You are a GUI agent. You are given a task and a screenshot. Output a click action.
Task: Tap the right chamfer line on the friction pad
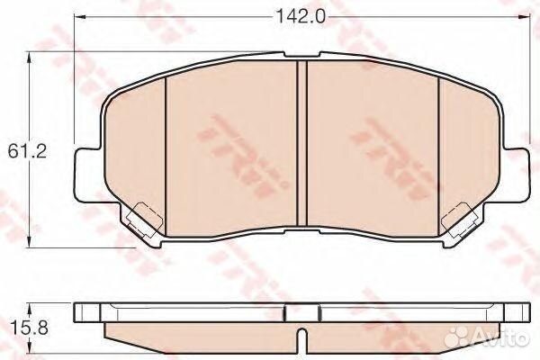click(x=437, y=144)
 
